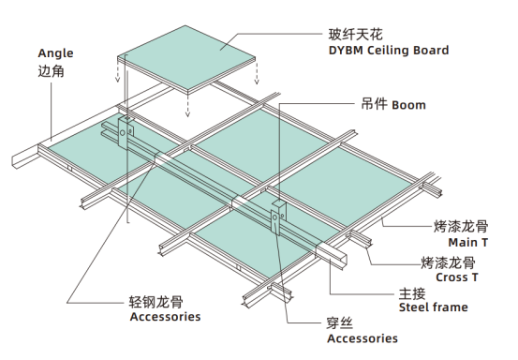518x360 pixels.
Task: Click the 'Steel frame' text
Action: click(433, 307)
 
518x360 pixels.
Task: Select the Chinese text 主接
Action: click(413, 292)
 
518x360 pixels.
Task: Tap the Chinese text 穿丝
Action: click(340, 322)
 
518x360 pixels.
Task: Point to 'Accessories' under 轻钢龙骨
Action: click(164, 317)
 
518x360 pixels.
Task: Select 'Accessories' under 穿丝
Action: click(362, 337)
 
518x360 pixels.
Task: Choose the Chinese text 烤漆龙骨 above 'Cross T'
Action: click(447, 262)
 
